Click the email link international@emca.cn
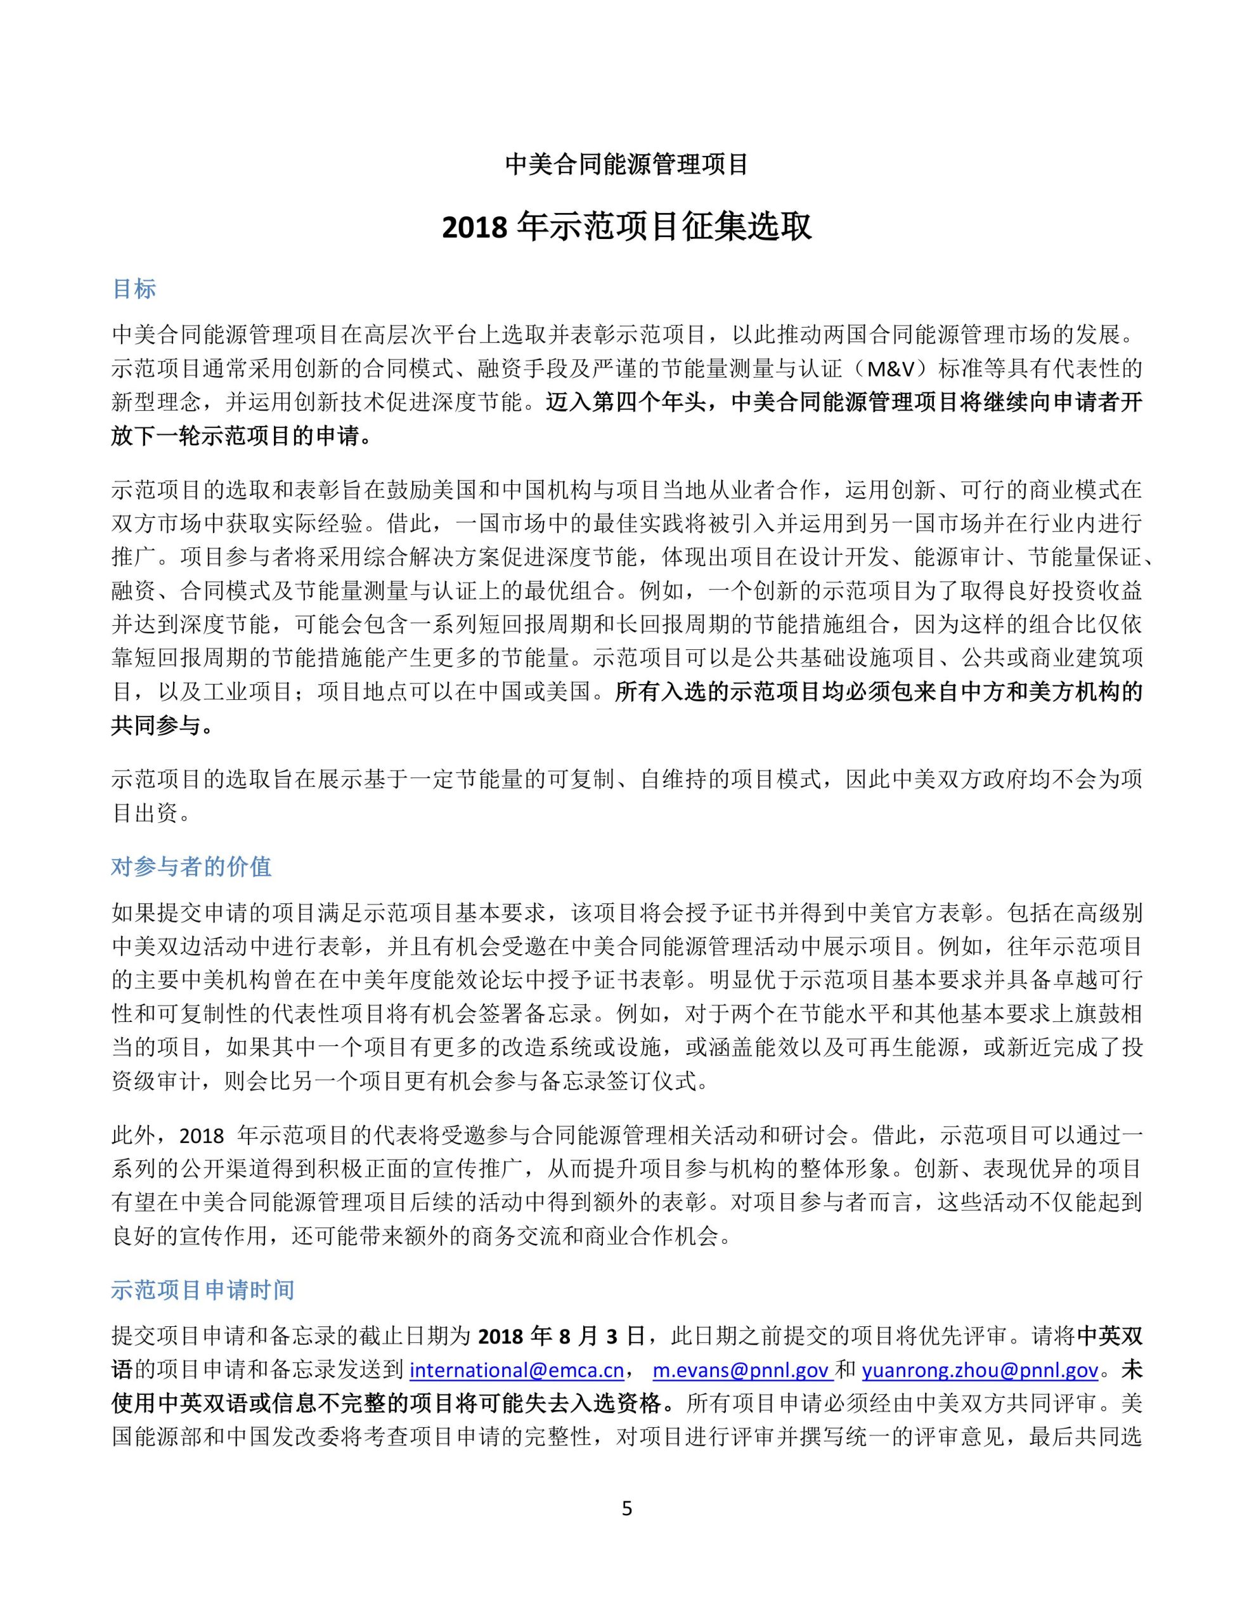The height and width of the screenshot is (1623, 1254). coord(517,1369)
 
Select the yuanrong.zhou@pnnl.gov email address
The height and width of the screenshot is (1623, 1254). coord(979,1369)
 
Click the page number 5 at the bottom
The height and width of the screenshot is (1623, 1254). coord(626,1508)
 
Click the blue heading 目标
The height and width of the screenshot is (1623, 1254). coord(134,288)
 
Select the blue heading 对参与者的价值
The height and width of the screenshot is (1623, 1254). coord(191,867)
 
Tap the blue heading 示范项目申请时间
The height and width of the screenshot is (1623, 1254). coord(202,1290)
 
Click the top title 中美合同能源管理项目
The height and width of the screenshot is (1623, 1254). coord(626,164)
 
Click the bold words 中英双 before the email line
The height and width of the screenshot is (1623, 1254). coord(1109,1336)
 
